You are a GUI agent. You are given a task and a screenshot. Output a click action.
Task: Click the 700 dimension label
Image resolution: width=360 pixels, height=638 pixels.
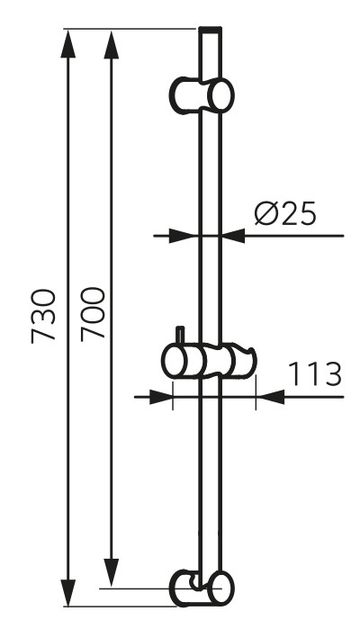93,313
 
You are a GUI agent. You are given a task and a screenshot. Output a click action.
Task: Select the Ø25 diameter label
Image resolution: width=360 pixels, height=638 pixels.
283,214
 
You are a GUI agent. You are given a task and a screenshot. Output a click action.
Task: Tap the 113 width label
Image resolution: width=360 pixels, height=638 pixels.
315,373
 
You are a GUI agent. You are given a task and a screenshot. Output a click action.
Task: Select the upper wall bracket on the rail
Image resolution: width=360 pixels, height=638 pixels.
202,94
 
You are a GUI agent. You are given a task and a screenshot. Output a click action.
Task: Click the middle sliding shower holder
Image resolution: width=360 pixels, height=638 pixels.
209,362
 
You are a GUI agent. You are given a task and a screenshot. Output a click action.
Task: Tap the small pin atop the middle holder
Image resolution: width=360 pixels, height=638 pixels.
180,335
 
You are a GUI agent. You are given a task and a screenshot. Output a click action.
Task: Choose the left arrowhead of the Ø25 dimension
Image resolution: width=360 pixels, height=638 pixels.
184,237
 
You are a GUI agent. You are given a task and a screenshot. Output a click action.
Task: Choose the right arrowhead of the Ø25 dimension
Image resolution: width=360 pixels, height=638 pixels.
233,237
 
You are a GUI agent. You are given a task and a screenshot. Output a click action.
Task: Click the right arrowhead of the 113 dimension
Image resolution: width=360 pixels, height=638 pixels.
269,396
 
